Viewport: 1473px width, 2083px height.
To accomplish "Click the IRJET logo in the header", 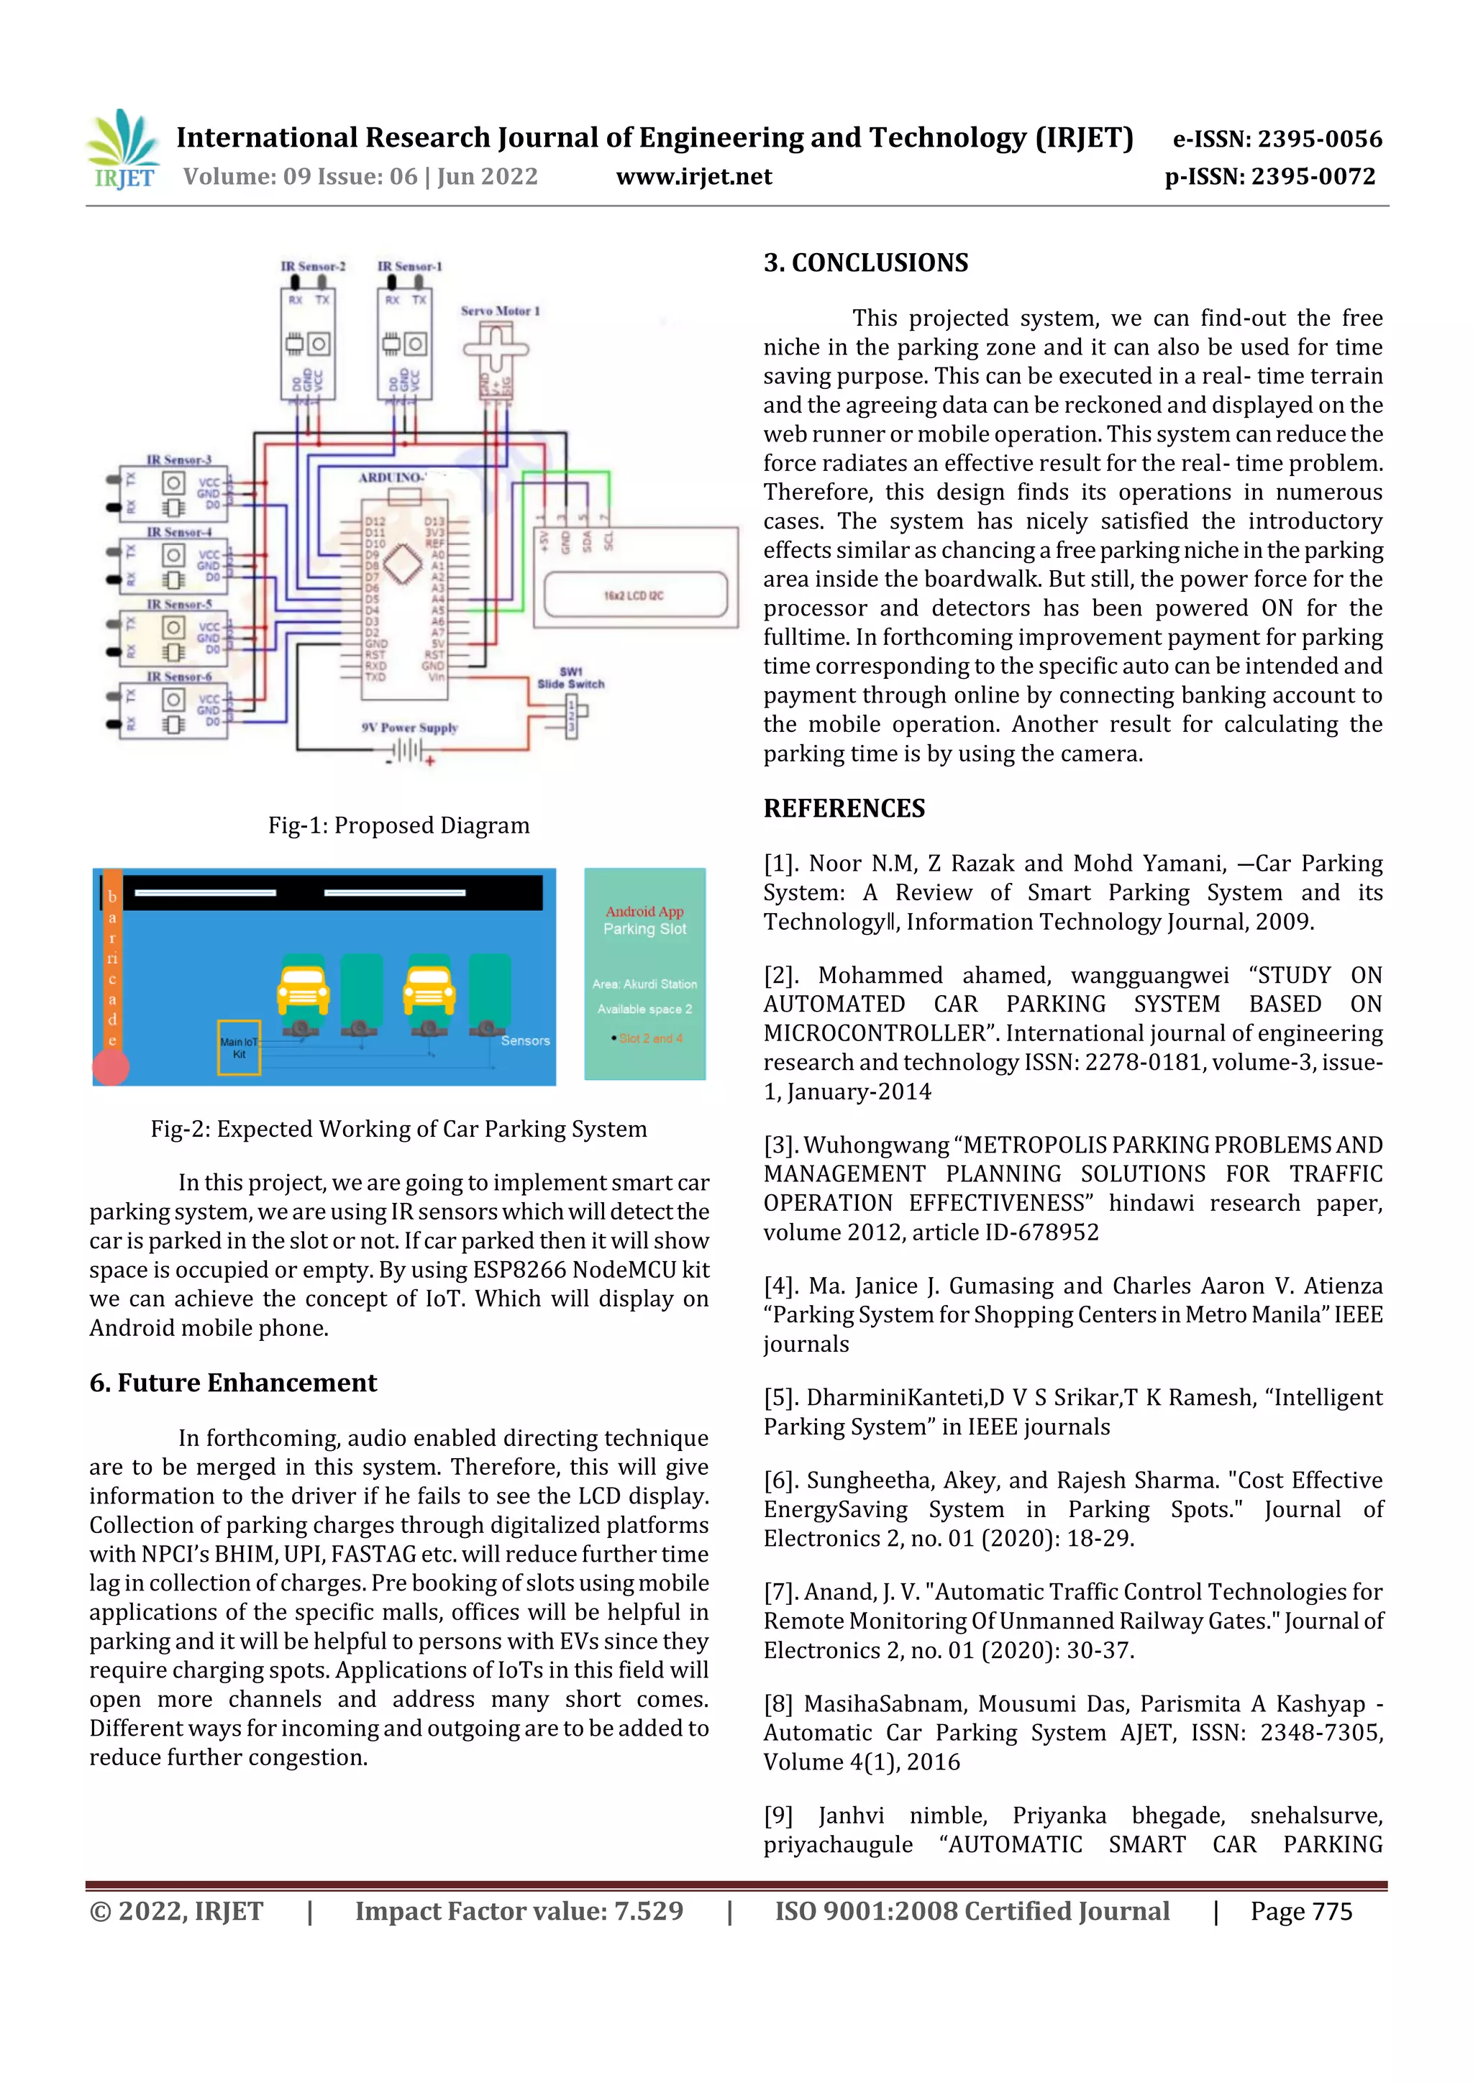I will pyautogui.click(x=124, y=150).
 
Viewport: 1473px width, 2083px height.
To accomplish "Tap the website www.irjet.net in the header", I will pyautogui.click(x=693, y=176).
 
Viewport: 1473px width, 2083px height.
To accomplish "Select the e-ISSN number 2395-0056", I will pyautogui.click(x=1277, y=139).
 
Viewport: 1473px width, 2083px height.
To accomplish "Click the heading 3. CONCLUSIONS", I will pyautogui.click(x=865, y=262).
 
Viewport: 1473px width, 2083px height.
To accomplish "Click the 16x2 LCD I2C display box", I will pyautogui.click(x=635, y=594).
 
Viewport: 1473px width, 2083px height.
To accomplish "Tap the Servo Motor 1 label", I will pyautogui.click(x=499, y=311).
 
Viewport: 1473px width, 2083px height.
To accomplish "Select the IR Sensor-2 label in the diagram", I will pyautogui.click(x=312, y=266).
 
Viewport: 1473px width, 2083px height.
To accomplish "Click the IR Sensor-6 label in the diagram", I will pyautogui.click(x=179, y=676).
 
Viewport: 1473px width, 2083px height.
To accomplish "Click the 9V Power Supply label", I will pyautogui.click(x=409, y=727).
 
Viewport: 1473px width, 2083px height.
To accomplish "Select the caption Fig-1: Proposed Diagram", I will pyautogui.click(x=398, y=825).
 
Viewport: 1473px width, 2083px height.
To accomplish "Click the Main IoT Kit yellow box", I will pyautogui.click(x=239, y=1048).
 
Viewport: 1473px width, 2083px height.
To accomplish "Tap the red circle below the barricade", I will pyautogui.click(x=111, y=1067).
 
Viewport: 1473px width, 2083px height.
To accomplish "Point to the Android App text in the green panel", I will pyautogui.click(x=644, y=911).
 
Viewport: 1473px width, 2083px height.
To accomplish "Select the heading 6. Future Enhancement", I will pyautogui.click(x=232, y=1382).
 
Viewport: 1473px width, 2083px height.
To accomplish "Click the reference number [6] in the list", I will pyautogui.click(x=779, y=1480).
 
